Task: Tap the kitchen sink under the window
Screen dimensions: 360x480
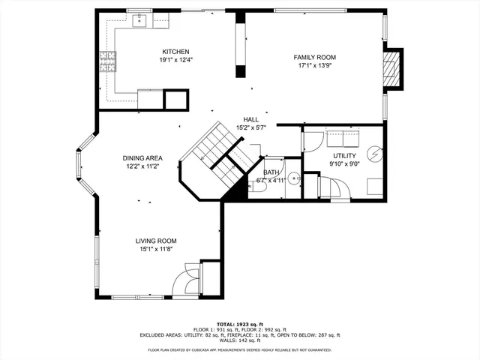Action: (x=139, y=21)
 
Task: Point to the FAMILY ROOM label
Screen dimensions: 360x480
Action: (x=314, y=57)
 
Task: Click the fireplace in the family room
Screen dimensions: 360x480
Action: (x=390, y=68)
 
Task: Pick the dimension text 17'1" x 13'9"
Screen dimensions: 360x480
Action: (x=314, y=66)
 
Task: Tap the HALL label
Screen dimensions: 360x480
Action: (x=251, y=120)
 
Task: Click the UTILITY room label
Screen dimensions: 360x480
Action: (x=345, y=156)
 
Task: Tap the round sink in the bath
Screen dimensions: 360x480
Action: (x=293, y=178)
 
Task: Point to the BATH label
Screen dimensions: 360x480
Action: (x=271, y=172)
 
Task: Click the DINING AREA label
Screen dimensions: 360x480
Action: (x=142, y=158)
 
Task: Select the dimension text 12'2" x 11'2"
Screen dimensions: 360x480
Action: (x=142, y=166)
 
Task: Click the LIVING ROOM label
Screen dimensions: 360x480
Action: (x=155, y=241)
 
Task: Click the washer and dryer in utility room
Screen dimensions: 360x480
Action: (x=343, y=139)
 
